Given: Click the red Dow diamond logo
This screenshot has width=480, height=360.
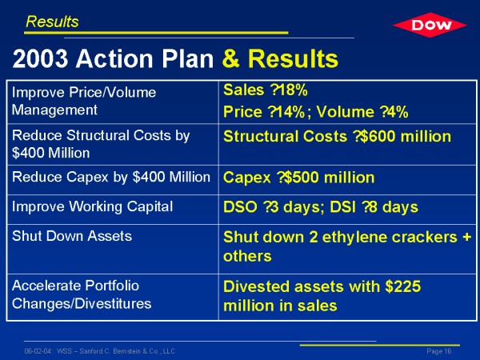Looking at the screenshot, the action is (x=430, y=25).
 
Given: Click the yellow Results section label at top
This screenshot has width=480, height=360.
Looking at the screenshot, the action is (x=52, y=22).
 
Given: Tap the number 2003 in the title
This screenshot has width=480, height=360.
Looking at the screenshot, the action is (x=40, y=58).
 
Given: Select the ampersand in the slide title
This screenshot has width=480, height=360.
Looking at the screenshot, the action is (x=231, y=58).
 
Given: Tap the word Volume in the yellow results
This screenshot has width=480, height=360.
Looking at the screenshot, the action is (x=345, y=112).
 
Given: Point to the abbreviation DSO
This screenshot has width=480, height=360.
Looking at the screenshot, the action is (x=240, y=207).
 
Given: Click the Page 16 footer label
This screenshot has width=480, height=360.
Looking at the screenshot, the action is (x=439, y=351).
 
